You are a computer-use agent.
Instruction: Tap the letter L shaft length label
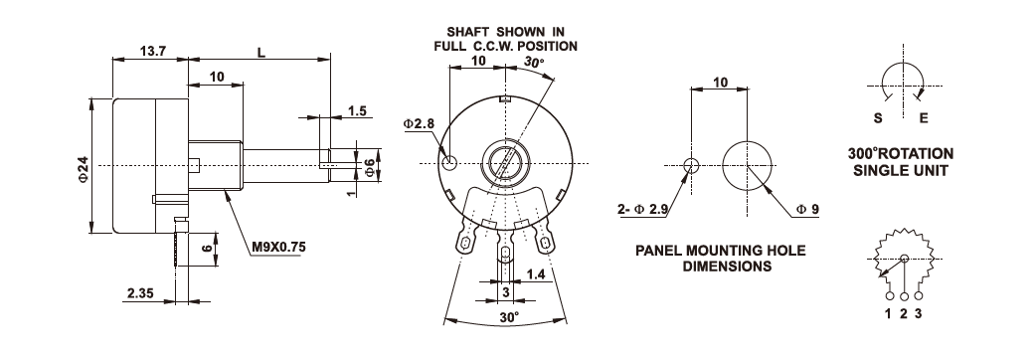pyautogui.click(x=261, y=52)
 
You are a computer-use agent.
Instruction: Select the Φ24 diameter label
pyautogui.click(x=84, y=168)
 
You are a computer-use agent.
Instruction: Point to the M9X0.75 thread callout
pyautogui.click(x=279, y=248)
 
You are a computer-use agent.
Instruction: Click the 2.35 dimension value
pyautogui.click(x=140, y=292)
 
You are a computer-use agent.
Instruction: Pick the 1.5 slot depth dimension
pyautogui.click(x=357, y=111)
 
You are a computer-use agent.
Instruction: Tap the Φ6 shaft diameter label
pyautogui.click(x=370, y=168)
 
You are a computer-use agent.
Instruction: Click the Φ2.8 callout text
pyautogui.click(x=419, y=123)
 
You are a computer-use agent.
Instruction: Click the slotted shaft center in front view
pyautogui.click(x=505, y=163)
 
